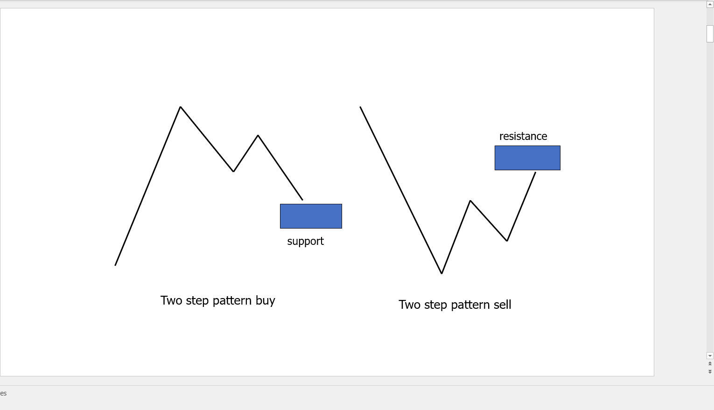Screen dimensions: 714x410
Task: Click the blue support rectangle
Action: (x=311, y=216)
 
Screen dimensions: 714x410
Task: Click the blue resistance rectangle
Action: (x=527, y=158)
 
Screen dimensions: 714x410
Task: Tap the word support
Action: (x=305, y=241)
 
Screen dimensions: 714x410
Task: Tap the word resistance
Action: (x=523, y=136)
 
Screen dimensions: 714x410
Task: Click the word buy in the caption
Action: (x=265, y=300)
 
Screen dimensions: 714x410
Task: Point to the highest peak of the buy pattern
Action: (x=181, y=107)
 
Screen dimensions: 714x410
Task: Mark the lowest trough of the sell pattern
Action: (x=441, y=273)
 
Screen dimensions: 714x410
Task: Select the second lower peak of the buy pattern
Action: (x=258, y=135)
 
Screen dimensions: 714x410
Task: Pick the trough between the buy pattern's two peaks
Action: (x=234, y=171)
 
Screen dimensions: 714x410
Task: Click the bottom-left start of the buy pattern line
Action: (x=115, y=265)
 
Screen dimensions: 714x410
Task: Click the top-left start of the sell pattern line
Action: (x=360, y=107)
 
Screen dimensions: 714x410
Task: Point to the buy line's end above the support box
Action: (x=302, y=200)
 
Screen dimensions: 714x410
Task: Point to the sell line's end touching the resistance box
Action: (x=536, y=172)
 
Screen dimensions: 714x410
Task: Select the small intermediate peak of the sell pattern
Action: (x=470, y=201)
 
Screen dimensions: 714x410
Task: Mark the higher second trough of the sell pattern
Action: (x=507, y=241)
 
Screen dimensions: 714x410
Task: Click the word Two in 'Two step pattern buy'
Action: (x=171, y=300)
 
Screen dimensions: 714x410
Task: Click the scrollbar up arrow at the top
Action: (x=710, y=4)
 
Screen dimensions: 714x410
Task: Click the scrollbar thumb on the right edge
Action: (x=710, y=34)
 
